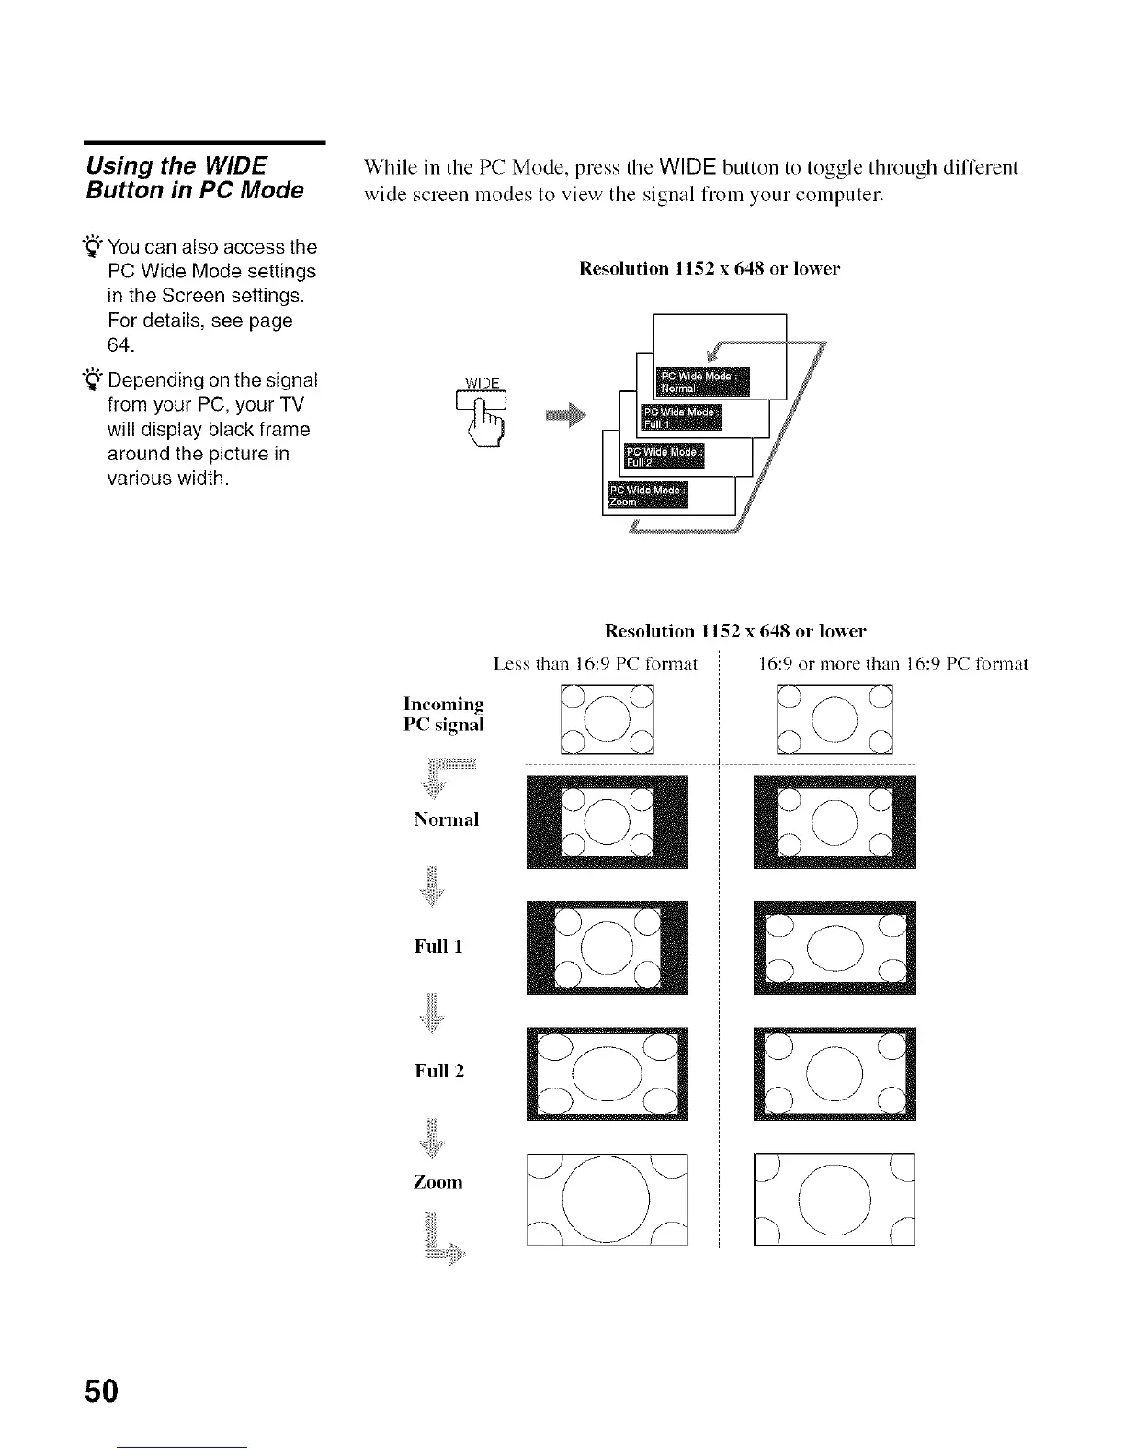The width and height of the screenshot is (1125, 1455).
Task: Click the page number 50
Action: click(101, 1391)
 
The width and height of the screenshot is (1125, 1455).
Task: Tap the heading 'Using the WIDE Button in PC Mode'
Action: click(194, 177)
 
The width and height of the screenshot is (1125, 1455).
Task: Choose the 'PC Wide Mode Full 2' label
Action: click(664, 456)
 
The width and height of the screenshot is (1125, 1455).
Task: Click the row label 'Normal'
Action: click(446, 819)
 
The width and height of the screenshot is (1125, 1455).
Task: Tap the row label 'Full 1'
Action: click(438, 945)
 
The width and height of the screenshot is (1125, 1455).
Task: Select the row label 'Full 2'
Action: click(439, 1070)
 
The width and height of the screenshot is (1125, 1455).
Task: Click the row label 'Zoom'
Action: click(437, 1181)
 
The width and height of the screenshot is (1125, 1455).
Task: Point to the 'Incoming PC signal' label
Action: click(444, 714)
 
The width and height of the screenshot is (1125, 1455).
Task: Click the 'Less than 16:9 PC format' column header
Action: click(596, 663)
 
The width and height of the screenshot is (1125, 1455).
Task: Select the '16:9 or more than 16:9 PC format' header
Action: click(893, 663)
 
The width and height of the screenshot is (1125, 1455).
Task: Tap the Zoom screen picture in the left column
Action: click(607, 1199)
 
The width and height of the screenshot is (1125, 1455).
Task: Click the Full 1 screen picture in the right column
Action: click(834, 947)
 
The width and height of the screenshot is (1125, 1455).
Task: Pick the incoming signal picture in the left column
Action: click(607, 720)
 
